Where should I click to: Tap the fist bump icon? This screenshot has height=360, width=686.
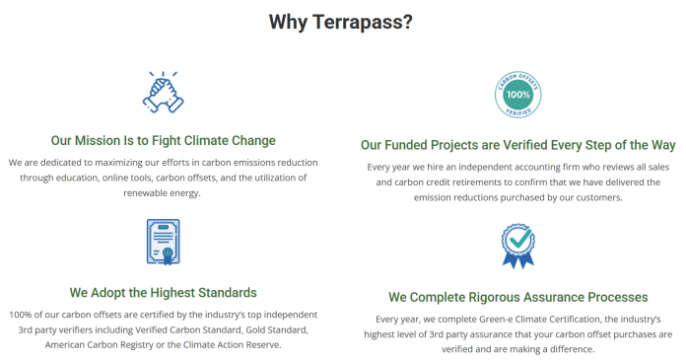(164, 92)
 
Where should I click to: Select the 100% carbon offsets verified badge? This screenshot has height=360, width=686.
(517, 95)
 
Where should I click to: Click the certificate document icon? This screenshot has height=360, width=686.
(164, 243)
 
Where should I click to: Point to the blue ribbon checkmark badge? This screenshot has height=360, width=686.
(517, 246)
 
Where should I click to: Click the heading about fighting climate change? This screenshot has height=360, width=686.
(164, 140)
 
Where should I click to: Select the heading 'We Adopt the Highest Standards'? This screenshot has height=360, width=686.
(164, 292)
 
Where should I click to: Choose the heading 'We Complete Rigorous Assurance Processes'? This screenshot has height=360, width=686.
(517, 296)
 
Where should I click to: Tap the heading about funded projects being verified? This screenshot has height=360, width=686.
(517, 144)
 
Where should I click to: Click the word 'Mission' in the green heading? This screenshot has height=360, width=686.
(97, 140)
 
